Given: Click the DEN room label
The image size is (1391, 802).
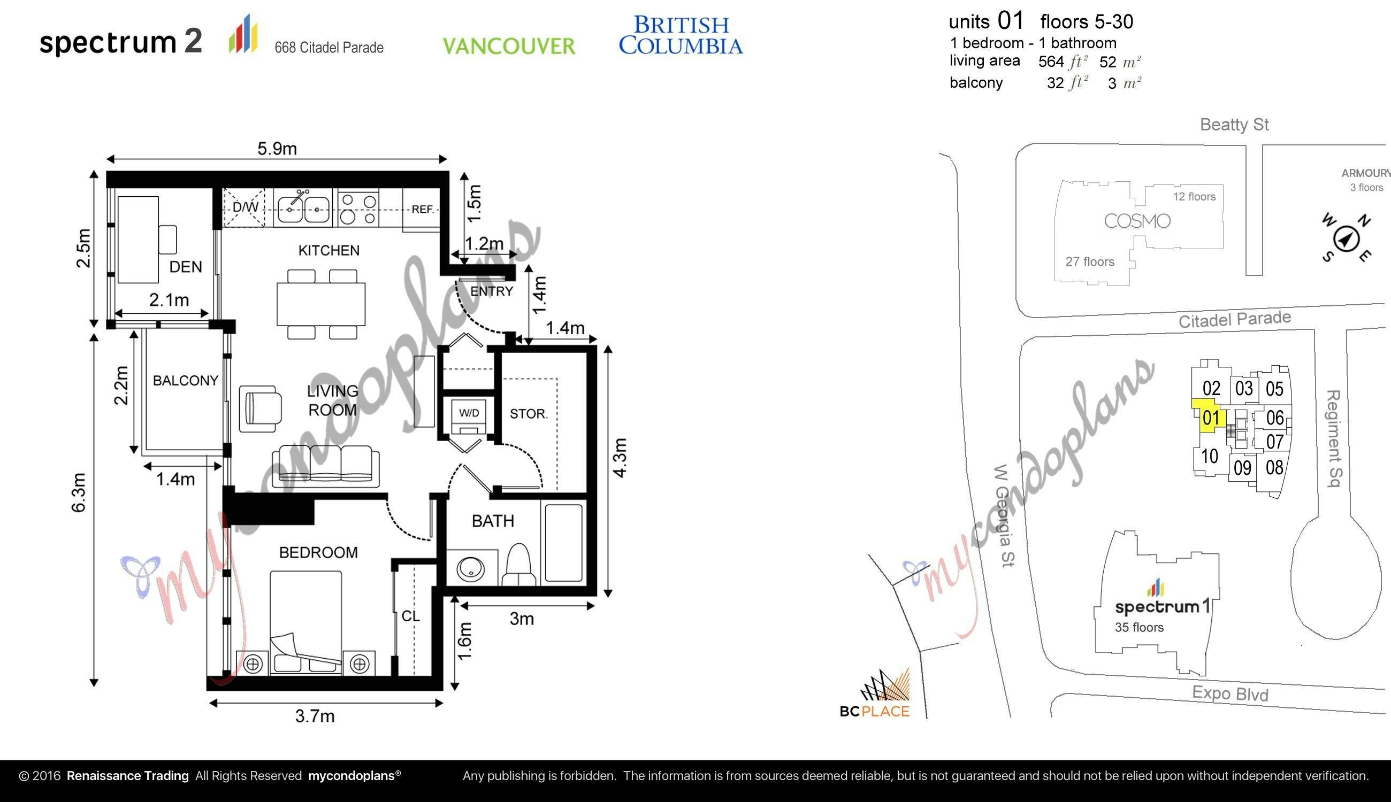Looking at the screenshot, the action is (x=185, y=267).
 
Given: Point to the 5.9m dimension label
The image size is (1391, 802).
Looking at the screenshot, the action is (x=277, y=149).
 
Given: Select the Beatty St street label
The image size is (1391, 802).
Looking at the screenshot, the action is (x=1234, y=125).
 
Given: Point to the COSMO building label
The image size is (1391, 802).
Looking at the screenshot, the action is (x=1137, y=221).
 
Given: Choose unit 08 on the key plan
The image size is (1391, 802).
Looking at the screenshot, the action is (x=1274, y=468).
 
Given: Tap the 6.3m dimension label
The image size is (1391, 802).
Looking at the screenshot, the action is (x=79, y=492).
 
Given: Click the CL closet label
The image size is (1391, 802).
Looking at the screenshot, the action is (x=410, y=616).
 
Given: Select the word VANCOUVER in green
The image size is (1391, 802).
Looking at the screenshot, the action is (x=509, y=47).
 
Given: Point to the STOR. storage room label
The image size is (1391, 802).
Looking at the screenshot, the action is (x=529, y=414).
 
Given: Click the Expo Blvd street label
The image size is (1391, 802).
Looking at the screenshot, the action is (x=1230, y=693).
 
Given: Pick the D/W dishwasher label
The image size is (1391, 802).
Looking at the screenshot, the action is (x=245, y=207).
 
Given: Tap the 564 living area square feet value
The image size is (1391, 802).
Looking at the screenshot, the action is (x=1050, y=61).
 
